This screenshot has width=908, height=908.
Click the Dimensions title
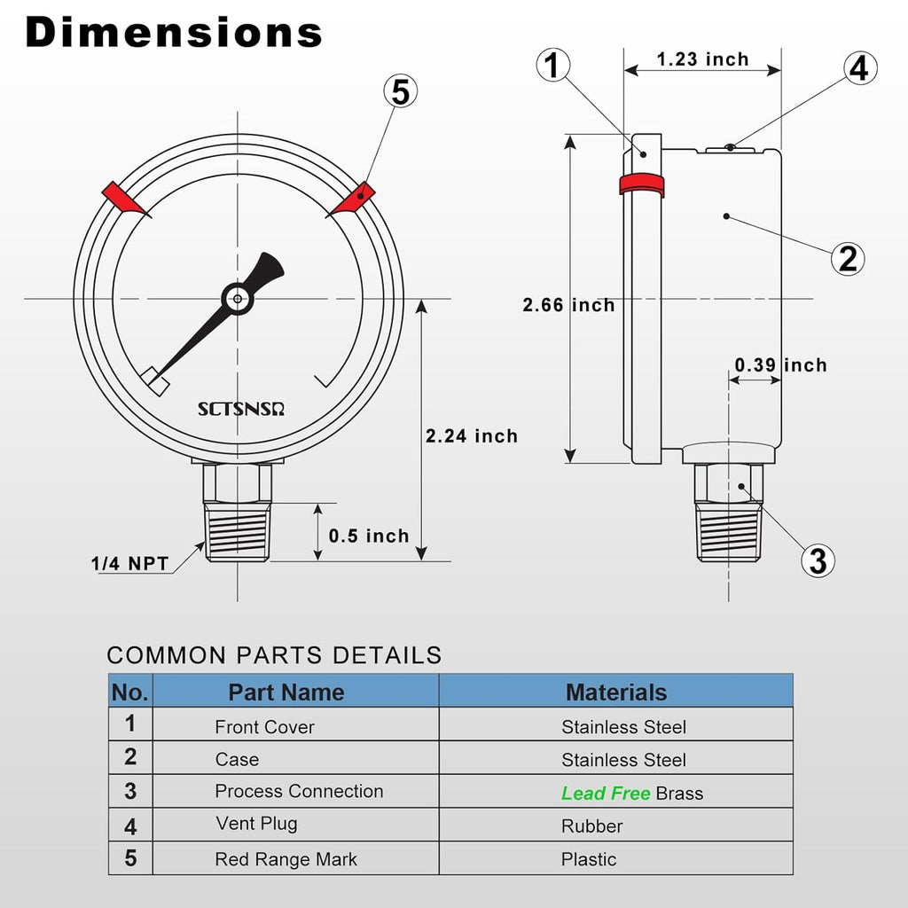(x=174, y=33)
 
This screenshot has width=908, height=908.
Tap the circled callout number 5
(x=400, y=91)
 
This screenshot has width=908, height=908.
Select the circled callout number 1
(x=552, y=66)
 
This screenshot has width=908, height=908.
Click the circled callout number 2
(x=848, y=258)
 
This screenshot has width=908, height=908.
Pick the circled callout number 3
(x=817, y=560)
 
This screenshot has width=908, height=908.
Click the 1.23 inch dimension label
(x=702, y=59)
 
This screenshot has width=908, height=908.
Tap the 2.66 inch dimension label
(x=568, y=305)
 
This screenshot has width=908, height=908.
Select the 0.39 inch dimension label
(x=780, y=365)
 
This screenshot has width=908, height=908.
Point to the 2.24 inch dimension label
(x=471, y=435)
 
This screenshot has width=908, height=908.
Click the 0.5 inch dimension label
(x=369, y=536)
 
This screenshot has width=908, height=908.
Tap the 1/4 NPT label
(x=129, y=563)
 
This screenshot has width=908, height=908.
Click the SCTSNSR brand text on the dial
(x=247, y=409)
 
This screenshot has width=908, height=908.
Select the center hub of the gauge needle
(x=237, y=299)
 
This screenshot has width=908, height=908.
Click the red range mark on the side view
(x=641, y=184)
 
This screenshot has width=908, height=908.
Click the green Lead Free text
(x=606, y=794)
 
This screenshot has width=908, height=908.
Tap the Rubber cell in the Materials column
(x=591, y=826)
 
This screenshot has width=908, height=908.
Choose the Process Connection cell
(x=299, y=791)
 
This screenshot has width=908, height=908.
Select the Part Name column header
(x=286, y=693)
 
